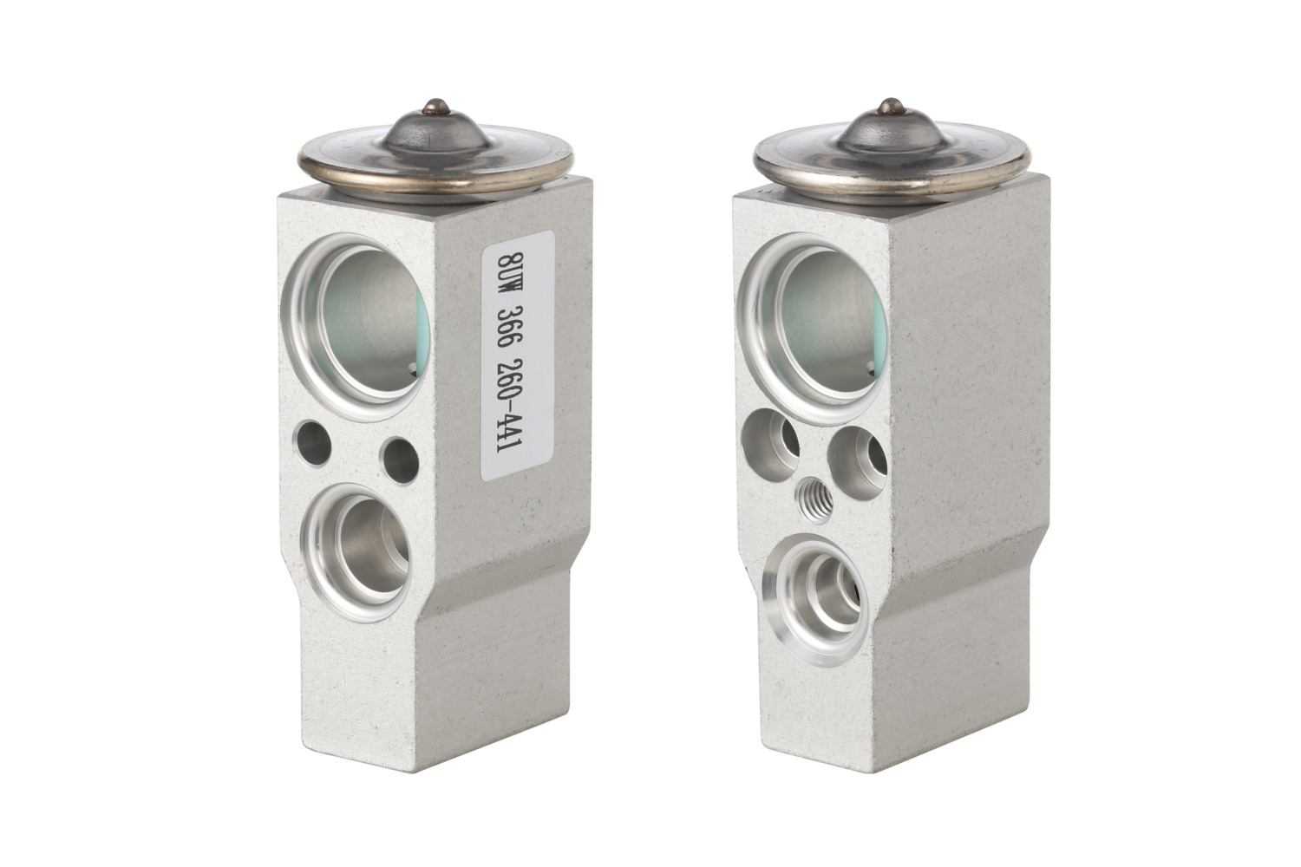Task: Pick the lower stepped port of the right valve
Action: (817, 598)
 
